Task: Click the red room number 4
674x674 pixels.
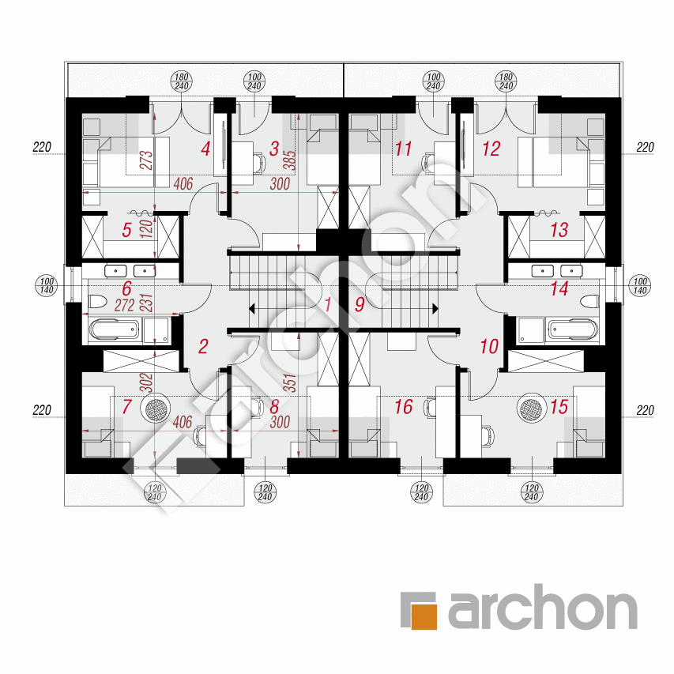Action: [205, 149]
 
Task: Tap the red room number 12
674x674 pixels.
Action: [491, 149]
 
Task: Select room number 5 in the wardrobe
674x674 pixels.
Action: [126, 230]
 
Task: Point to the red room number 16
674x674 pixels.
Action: [404, 407]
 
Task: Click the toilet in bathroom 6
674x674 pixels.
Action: [97, 301]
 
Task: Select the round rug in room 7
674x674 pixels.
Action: [156, 408]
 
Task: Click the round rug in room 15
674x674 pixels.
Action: [532, 408]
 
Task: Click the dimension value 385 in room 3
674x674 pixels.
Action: [291, 160]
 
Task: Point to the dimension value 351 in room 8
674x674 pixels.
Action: [291, 382]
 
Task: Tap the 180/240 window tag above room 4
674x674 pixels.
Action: [182, 81]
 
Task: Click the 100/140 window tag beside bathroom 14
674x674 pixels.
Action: [640, 286]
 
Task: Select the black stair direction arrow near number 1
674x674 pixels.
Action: [252, 308]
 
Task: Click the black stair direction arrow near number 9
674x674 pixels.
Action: [435, 308]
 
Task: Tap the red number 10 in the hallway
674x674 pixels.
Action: [489, 346]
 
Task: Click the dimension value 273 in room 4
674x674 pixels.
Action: [147, 160]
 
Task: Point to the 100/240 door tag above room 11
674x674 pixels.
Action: [433, 81]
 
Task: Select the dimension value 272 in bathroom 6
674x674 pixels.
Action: [124, 305]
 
